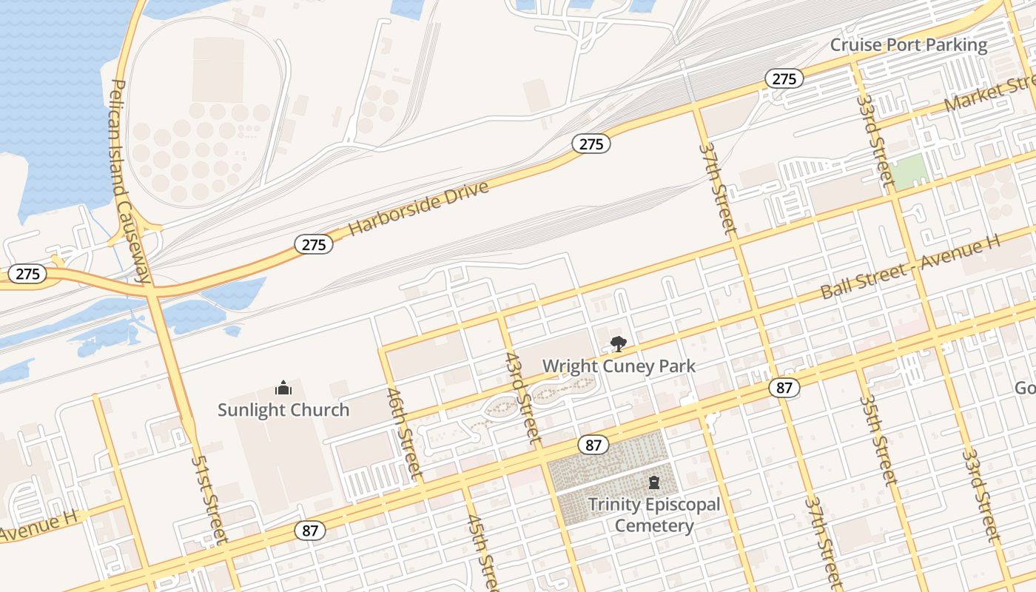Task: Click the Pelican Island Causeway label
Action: click(130, 181)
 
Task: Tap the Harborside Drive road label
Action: click(419, 207)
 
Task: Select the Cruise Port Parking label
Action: click(908, 45)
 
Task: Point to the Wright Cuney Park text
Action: click(619, 366)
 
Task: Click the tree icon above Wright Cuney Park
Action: click(618, 343)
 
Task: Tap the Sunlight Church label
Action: click(283, 409)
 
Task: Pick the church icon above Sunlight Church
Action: click(283, 388)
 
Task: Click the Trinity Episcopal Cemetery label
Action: click(654, 515)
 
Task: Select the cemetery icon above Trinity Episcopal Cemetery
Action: click(654, 483)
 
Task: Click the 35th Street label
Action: click(878, 440)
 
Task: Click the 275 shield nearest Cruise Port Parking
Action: click(784, 78)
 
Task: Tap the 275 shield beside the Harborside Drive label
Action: click(314, 244)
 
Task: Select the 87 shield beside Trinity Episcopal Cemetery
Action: click(593, 445)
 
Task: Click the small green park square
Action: click(908, 171)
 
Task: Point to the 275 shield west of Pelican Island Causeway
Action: click(27, 274)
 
